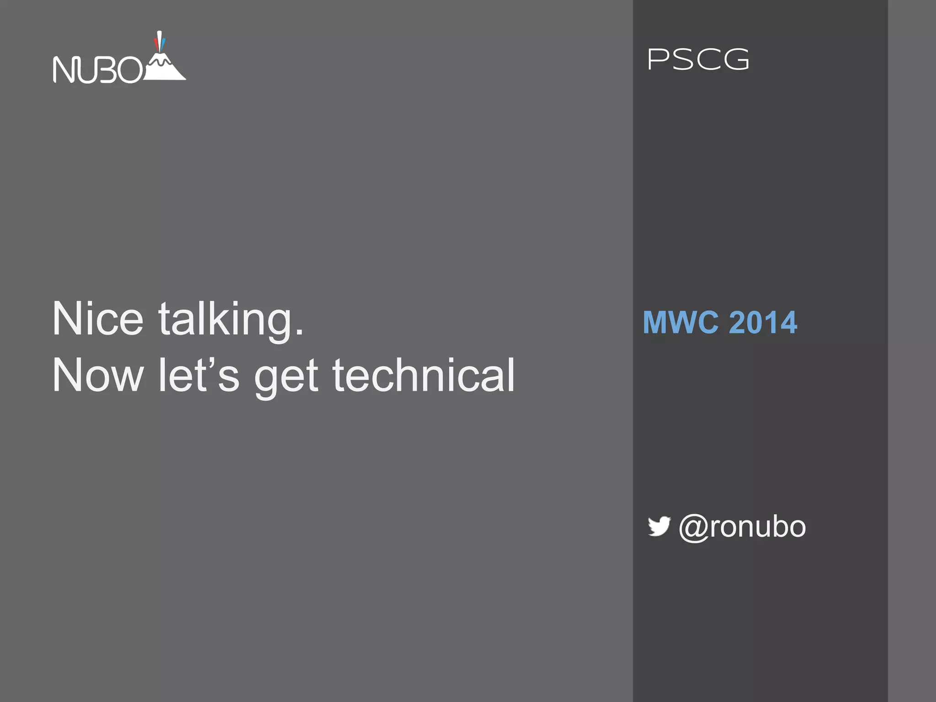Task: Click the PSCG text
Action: [x=698, y=60]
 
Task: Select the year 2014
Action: [x=763, y=322]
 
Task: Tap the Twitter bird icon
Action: [x=659, y=526]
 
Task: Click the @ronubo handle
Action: [x=742, y=527]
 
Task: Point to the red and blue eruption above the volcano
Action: [x=159, y=42]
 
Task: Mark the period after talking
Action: [x=299, y=332]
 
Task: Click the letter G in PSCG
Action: [x=736, y=60]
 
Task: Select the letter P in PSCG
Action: [x=658, y=60]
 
